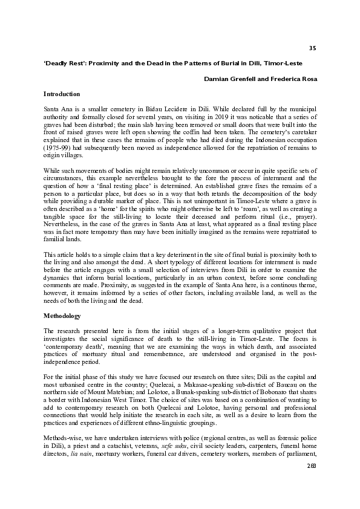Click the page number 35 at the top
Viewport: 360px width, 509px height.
click(x=312, y=48)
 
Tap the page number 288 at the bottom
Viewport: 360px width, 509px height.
click(x=311, y=499)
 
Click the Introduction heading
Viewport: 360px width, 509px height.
click(x=62, y=94)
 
